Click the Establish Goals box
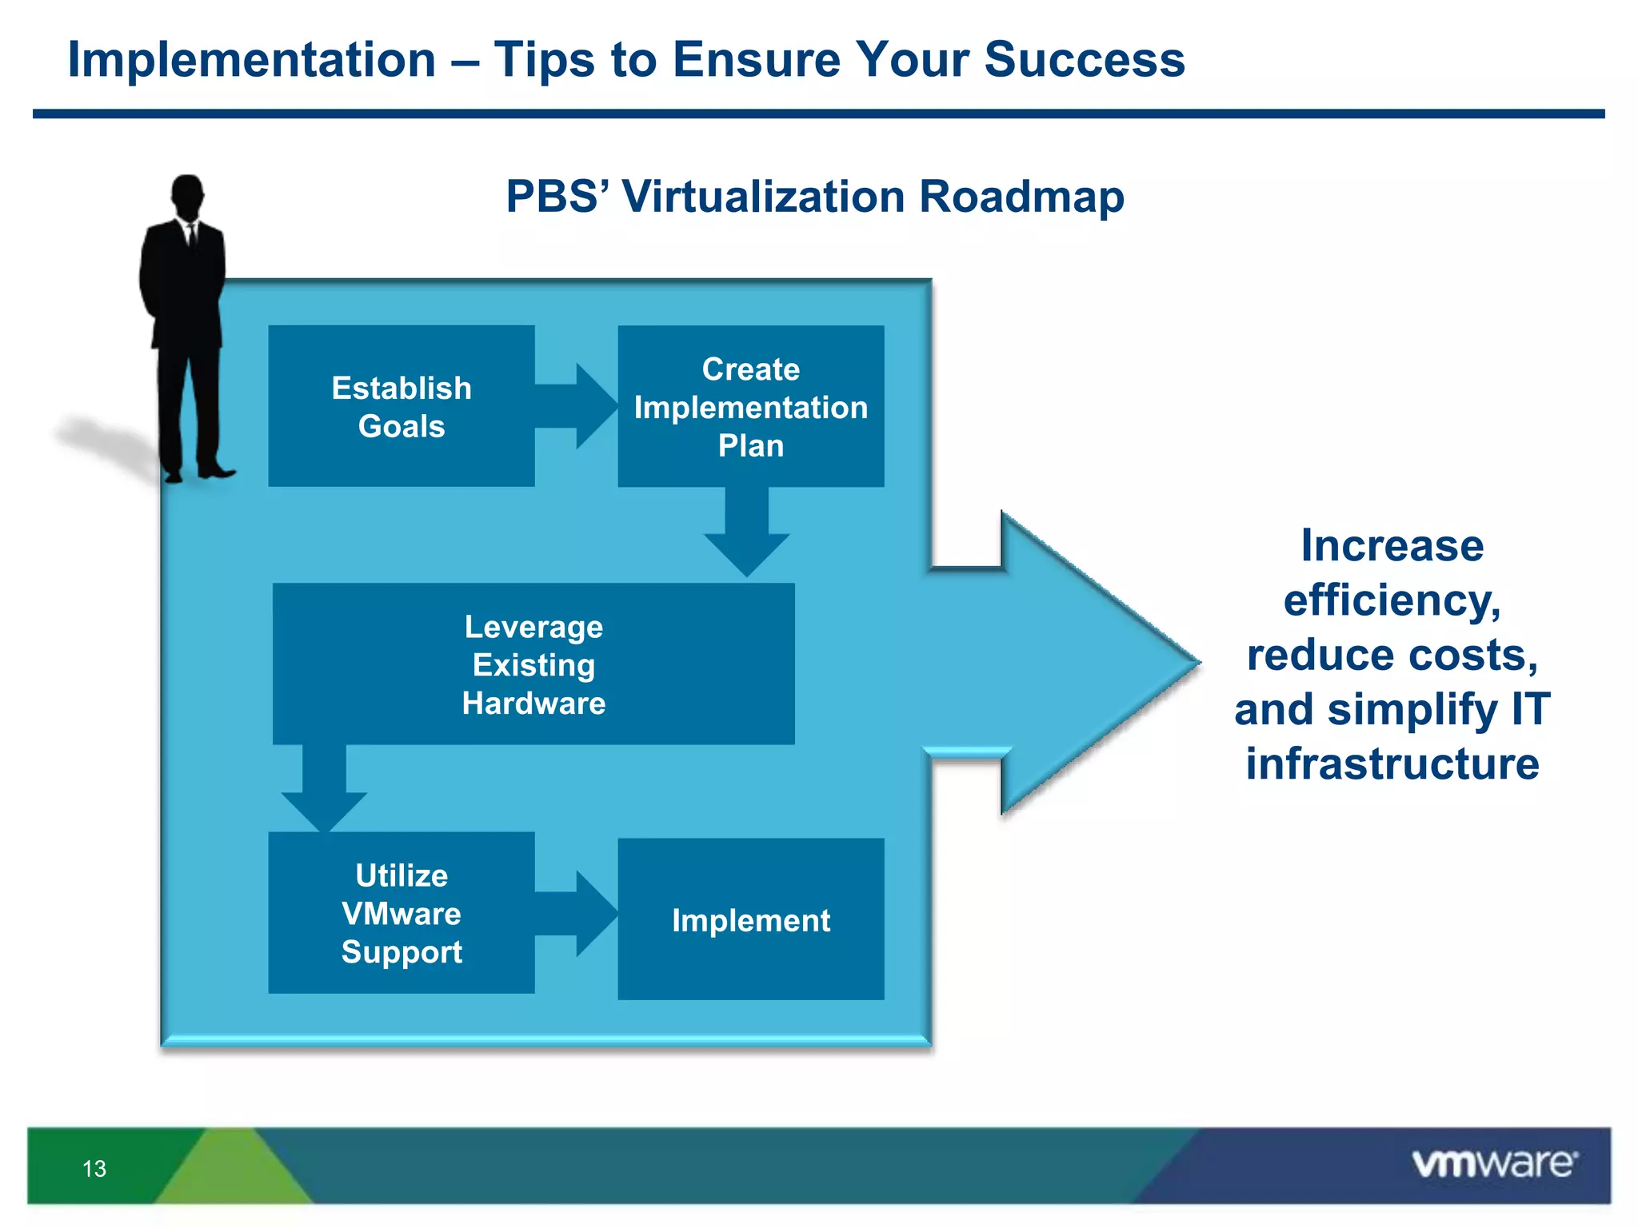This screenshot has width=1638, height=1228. (x=401, y=406)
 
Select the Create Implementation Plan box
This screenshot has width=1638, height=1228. (x=750, y=406)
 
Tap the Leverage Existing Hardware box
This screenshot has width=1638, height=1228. (x=533, y=664)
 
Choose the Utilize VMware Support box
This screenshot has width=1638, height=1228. (x=401, y=913)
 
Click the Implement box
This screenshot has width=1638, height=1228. (x=750, y=919)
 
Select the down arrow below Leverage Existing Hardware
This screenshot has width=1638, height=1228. (x=324, y=791)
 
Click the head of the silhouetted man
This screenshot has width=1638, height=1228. (x=188, y=194)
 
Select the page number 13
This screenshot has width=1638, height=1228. (x=94, y=1169)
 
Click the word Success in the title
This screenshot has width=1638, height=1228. (x=1084, y=59)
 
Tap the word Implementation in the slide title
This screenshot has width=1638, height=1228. (x=251, y=59)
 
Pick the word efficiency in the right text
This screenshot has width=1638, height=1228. (x=1392, y=600)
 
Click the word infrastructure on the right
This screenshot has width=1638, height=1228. (x=1392, y=764)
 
